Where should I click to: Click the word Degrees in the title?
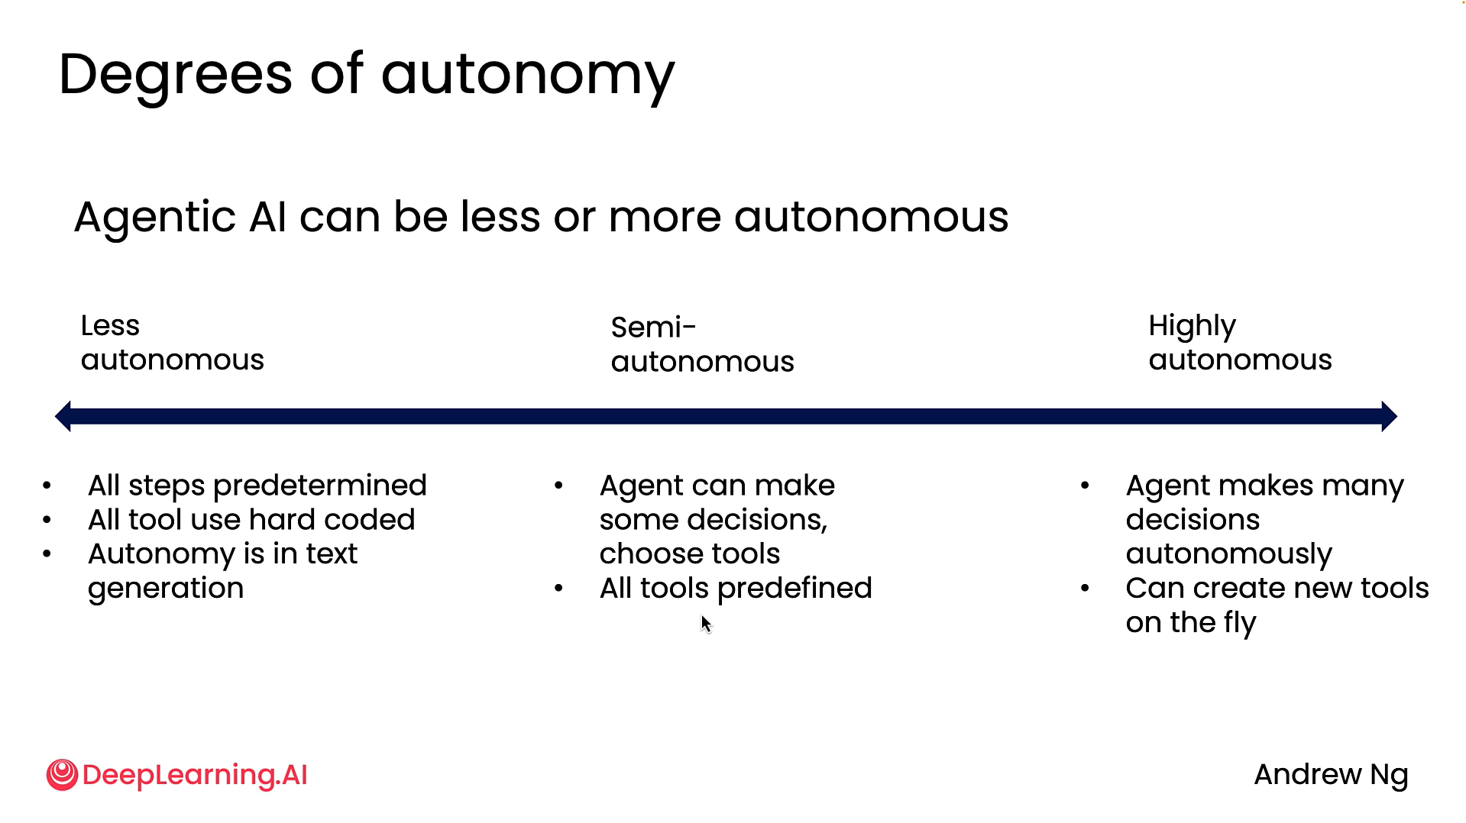click(176, 75)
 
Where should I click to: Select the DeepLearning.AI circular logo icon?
click(62, 775)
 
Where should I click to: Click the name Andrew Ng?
click(1331, 775)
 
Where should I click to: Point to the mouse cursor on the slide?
click(705, 624)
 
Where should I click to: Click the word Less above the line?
click(110, 326)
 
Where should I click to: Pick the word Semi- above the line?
click(653, 328)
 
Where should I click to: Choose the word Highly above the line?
click(1192, 327)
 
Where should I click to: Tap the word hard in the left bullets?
click(279, 520)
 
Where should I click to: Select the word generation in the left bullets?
click(166, 589)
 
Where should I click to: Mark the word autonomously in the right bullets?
click(1228, 554)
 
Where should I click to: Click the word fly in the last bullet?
click(1239, 624)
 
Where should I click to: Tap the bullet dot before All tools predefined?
click(559, 589)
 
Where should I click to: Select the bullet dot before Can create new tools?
click(1085, 589)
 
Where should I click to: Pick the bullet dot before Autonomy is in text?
click(47, 554)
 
